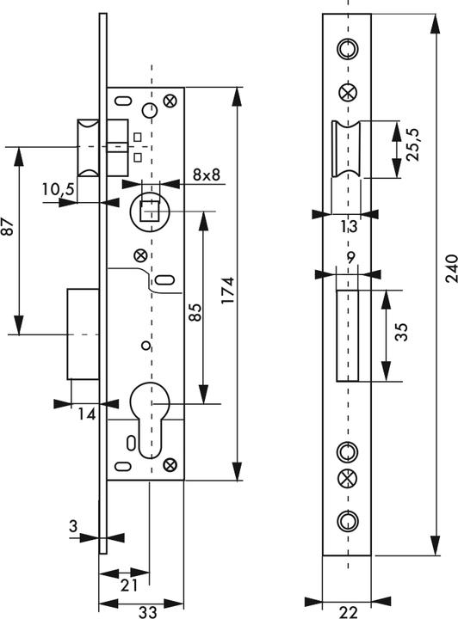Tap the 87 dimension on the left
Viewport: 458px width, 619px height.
pos(9,229)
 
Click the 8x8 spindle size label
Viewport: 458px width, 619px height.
pos(207,175)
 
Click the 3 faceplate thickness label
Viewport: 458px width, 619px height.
pos(76,524)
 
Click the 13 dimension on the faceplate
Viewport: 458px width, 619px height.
pos(348,227)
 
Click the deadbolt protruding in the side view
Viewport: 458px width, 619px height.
pos(85,333)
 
